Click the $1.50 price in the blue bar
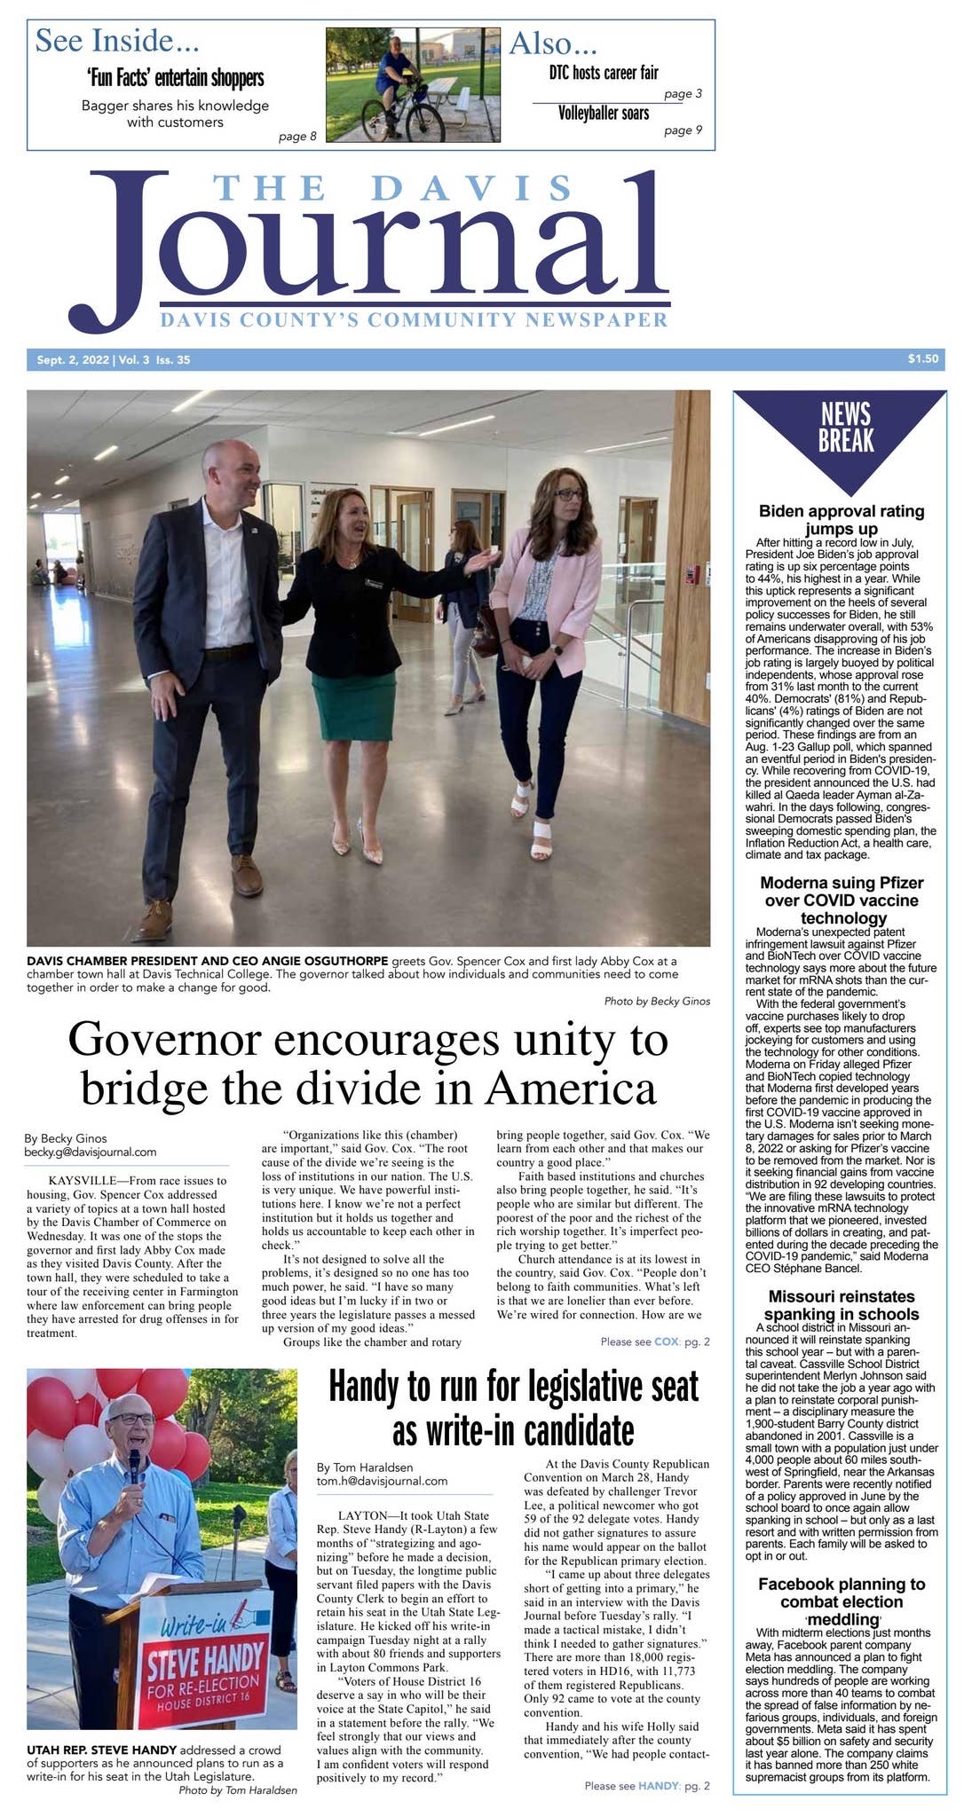(x=922, y=359)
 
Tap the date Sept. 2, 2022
(x=73, y=360)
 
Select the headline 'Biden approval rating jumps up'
(x=841, y=520)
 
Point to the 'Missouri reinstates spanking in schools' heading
(x=841, y=1305)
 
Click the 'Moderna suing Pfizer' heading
(x=841, y=900)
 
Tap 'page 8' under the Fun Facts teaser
(x=297, y=137)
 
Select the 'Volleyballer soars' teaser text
(x=604, y=114)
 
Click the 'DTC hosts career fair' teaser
(x=604, y=73)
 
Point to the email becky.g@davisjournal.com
(x=90, y=1152)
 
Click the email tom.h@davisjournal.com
(x=382, y=1481)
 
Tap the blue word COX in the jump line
(x=666, y=1341)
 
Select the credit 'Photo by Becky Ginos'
(x=657, y=1001)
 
